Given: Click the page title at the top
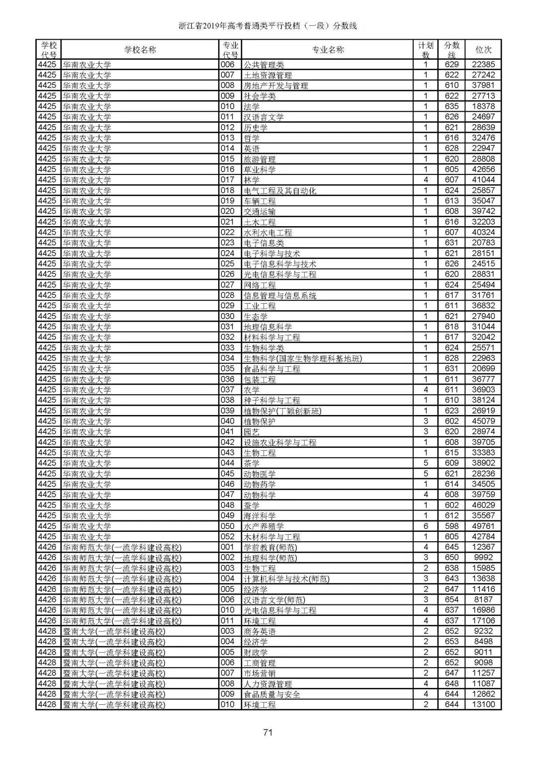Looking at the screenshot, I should (x=268, y=26).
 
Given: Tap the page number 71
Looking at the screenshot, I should (x=268, y=732).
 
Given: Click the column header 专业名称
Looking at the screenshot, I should (x=328, y=50).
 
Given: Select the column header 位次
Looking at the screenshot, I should (x=483, y=50).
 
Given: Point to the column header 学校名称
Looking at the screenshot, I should (x=140, y=50).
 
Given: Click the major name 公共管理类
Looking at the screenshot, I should (x=264, y=65).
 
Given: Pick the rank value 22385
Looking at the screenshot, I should (x=483, y=64).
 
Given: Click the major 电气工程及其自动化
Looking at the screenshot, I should (x=279, y=190).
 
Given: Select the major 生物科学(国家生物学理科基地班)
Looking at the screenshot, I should (x=302, y=358).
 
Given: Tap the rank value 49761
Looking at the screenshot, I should (x=483, y=526).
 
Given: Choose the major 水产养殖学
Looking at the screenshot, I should (x=264, y=526).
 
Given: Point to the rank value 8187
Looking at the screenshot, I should (x=483, y=599).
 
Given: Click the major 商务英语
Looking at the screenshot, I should (x=260, y=631).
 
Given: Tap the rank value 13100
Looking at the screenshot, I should (x=483, y=704).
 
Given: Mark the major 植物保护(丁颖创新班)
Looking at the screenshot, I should (x=282, y=411).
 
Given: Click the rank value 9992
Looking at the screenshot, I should (x=483, y=557).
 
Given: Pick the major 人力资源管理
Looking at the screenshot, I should (x=268, y=684).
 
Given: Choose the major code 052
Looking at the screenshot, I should (x=228, y=537).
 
